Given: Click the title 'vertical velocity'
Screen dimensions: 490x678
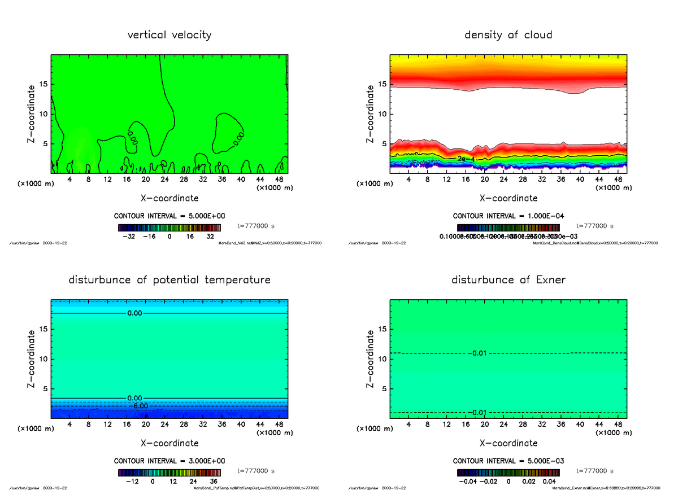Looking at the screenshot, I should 169,35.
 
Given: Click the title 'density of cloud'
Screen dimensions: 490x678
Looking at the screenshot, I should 508,35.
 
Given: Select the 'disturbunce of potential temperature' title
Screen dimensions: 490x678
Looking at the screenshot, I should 169,280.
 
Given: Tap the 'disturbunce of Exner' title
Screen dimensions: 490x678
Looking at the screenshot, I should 508,280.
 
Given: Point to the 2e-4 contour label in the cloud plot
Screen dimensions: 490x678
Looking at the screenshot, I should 467,159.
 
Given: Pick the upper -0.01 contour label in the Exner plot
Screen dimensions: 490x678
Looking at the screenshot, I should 477,353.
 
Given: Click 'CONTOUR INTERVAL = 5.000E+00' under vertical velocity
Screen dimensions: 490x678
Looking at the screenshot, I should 169,216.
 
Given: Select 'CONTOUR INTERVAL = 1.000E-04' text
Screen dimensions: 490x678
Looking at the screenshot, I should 508,216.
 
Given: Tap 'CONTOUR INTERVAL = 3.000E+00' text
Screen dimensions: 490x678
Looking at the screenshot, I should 169,461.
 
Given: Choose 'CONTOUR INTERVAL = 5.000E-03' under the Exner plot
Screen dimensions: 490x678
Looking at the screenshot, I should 508,461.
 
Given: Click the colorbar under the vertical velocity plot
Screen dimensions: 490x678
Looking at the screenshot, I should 169,228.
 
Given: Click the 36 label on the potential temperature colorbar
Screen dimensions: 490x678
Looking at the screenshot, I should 214,482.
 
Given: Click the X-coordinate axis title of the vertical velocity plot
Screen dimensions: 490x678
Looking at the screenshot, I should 169,198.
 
